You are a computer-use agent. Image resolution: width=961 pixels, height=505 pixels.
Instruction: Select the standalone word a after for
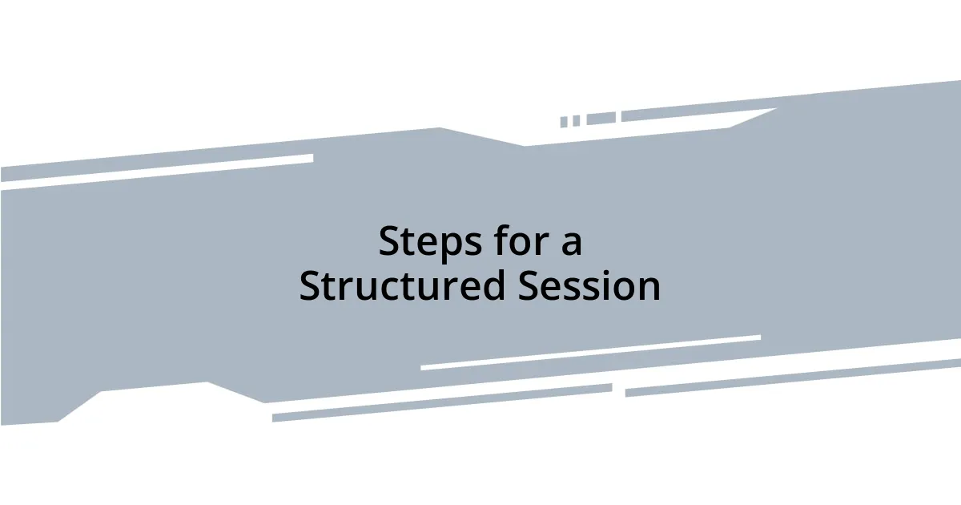click(x=570, y=244)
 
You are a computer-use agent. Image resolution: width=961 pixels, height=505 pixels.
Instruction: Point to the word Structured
click(x=402, y=286)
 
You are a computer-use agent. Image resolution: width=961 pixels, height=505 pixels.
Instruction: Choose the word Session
click(x=589, y=286)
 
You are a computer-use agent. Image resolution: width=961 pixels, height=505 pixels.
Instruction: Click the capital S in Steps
click(x=389, y=242)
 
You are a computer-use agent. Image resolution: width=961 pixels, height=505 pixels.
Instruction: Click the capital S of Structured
click(x=309, y=286)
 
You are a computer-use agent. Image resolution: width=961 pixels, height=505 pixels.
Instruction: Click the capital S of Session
click(x=528, y=286)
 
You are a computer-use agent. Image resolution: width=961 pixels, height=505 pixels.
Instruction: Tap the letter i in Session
click(x=601, y=285)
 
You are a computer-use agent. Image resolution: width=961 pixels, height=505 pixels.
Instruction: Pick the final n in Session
click(x=649, y=289)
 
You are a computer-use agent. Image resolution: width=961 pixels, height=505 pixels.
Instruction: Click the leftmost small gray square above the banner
click(x=564, y=122)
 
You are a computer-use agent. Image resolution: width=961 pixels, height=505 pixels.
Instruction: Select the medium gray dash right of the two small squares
click(x=601, y=119)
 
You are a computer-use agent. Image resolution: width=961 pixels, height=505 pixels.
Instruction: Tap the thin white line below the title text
click(x=590, y=353)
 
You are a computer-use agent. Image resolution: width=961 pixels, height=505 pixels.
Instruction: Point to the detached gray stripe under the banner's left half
click(x=441, y=403)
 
